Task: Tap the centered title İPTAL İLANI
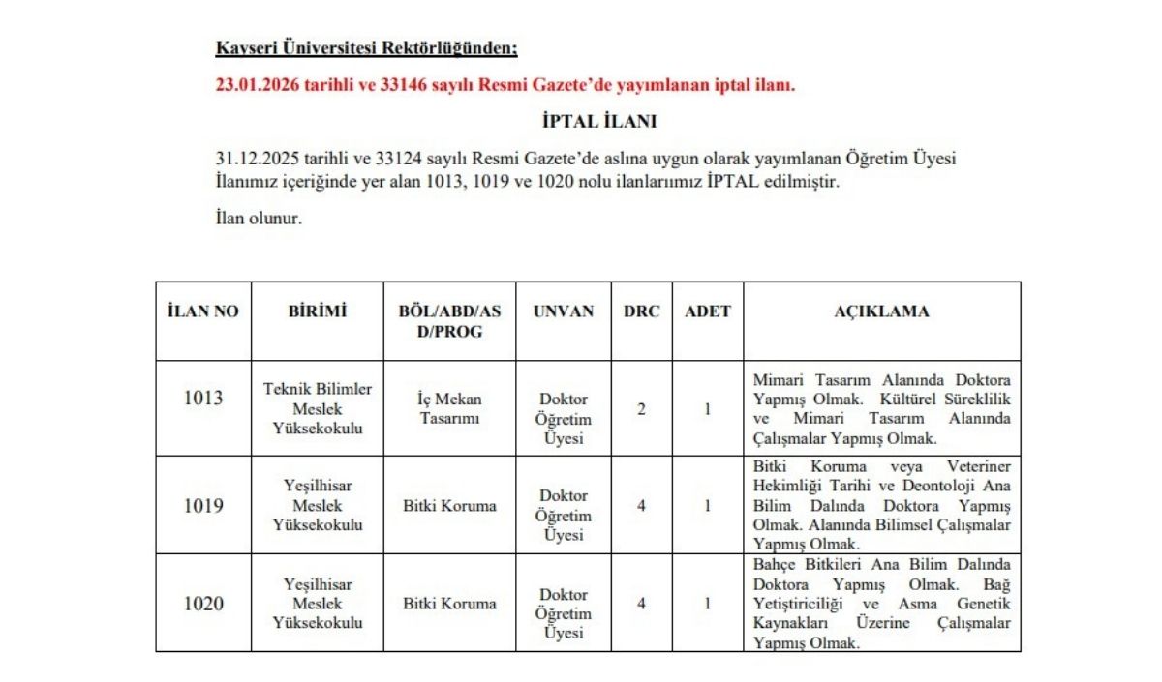(599, 122)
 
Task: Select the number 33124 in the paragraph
(418, 159)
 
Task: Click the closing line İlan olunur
(259, 218)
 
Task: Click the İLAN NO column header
(203, 311)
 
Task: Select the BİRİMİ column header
(317, 311)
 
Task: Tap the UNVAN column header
(563, 311)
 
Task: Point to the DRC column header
(641, 311)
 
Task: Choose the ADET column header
(707, 311)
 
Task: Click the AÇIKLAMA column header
(881, 311)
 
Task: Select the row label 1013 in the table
(203, 398)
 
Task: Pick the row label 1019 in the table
(203, 505)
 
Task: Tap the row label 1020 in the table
(203, 604)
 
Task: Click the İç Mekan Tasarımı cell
(449, 407)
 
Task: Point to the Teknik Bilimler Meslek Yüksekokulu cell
(318, 408)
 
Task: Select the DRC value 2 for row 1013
(641, 408)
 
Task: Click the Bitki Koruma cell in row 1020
(449, 604)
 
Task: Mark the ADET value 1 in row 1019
(707, 505)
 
